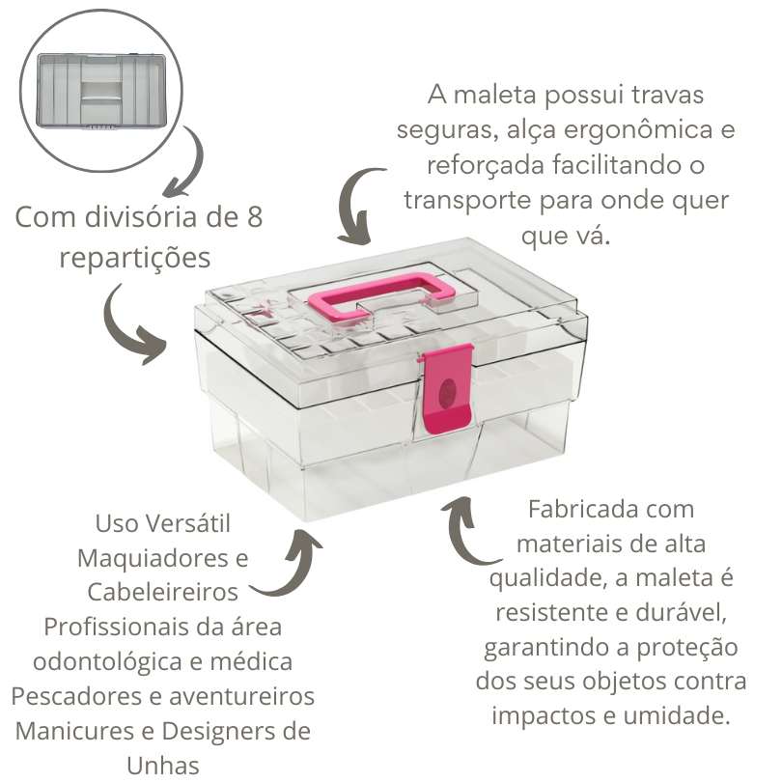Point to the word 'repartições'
coord(134,258)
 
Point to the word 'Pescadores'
coord(81,696)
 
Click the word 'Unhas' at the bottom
coord(162,766)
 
